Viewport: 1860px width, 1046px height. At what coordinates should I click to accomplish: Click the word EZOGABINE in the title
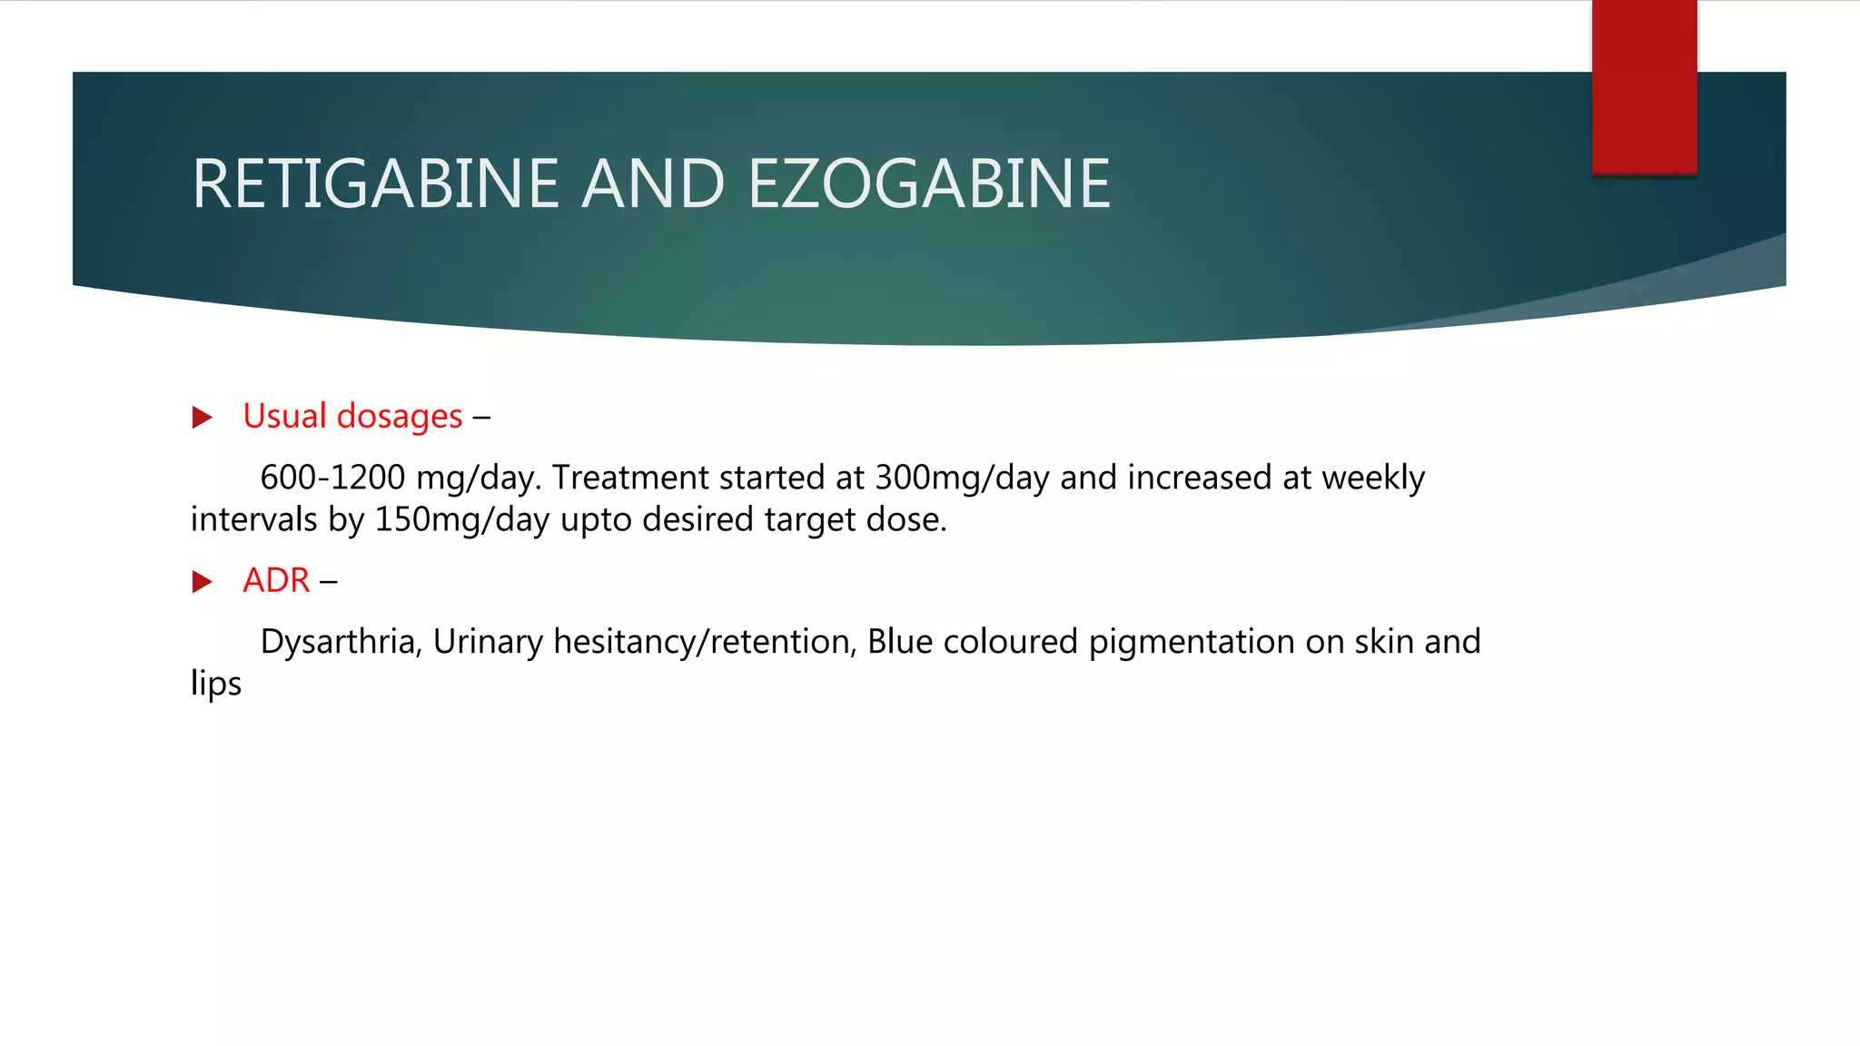928,184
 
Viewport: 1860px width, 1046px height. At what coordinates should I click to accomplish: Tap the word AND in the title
653,184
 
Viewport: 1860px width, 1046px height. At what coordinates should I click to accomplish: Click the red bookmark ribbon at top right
1644,86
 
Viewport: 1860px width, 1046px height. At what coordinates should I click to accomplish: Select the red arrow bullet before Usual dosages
203,418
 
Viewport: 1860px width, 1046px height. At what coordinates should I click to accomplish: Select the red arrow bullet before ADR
203,582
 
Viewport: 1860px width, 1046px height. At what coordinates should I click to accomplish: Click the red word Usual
284,416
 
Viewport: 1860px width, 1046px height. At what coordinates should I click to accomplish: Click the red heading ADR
276,580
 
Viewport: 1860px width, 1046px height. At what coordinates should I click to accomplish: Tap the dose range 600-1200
332,478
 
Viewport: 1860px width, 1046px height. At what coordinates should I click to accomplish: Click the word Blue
900,642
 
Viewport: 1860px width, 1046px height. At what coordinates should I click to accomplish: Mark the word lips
216,684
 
